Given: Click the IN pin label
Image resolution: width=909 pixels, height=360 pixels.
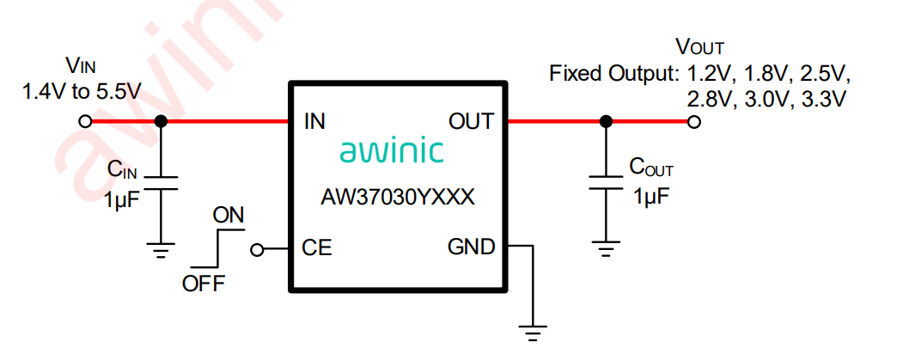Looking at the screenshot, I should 314,122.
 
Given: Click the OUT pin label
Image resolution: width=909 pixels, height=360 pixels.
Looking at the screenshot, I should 471,122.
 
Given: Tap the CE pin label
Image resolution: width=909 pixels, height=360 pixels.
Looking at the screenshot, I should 317,248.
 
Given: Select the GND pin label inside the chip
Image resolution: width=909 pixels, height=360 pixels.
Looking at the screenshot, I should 472,247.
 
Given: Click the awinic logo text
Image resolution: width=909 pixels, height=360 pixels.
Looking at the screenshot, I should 392,152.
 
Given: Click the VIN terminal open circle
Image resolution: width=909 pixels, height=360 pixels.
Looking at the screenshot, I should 85,122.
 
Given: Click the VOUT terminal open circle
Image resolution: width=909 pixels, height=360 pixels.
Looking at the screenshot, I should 694,122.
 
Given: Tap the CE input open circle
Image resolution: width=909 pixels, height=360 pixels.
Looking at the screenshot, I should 256,250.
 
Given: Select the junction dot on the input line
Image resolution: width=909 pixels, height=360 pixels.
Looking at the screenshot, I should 160,122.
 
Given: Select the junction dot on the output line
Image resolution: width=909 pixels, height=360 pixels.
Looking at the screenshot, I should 606,122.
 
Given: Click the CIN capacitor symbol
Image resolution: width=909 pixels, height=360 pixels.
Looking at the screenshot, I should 160,184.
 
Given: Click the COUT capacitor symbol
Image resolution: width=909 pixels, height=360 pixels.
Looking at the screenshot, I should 606,184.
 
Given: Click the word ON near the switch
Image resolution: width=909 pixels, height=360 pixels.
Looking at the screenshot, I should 229,216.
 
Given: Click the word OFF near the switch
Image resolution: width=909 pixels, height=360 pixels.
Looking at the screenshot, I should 204,284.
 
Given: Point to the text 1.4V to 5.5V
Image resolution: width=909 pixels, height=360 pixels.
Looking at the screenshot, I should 82,90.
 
